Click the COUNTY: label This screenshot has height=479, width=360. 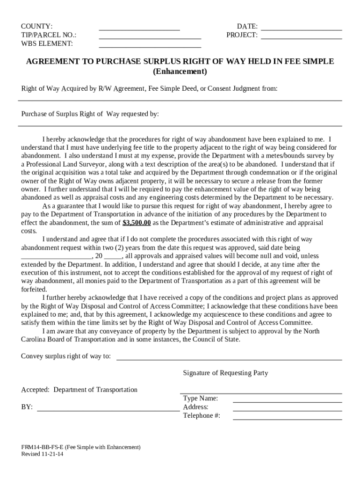[36, 26]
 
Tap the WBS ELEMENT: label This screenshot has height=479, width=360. [47, 44]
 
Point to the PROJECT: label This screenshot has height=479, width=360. [242, 35]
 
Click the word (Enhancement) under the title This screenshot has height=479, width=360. [180, 72]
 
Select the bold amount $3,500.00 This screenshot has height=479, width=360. [137, 223]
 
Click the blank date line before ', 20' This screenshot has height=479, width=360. [57, 258]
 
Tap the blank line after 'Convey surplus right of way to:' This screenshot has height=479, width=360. [229, 359]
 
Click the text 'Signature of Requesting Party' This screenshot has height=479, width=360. [225, 373]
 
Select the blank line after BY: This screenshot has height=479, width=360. [108, 410]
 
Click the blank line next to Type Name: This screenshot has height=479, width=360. [287, 401]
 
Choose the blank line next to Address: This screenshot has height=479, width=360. [287, 410]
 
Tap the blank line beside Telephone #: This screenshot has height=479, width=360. [287, 419]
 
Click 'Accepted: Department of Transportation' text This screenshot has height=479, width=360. [79, 390]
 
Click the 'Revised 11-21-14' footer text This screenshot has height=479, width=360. [42, 454]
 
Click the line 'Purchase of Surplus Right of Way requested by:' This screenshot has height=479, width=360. [90, 114]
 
